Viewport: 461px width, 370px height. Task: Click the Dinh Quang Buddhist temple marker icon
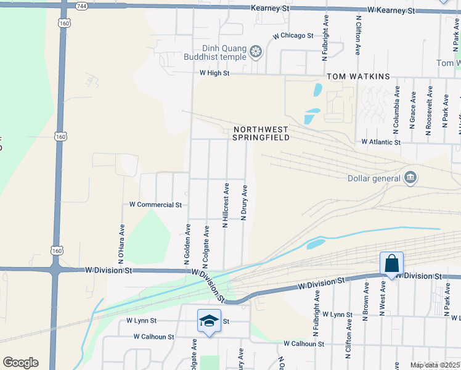coord(255,51)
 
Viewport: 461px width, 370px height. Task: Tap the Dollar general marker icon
coord(410,179)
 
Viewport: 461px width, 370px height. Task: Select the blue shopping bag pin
coord(391,264)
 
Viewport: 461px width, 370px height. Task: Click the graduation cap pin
coord(209,321)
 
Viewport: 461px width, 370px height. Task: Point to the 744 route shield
coord(81,6)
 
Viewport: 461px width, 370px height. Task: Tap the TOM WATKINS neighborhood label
coord(358,76)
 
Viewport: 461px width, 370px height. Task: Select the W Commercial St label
coord(155,204)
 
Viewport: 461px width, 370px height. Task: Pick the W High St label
coord(214,73)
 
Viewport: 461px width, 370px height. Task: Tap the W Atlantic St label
coord(381,142)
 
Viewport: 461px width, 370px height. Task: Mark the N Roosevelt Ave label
coord(429,110)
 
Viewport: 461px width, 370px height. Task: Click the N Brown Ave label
coord(366,303)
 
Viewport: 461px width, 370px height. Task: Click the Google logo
coord(20,363)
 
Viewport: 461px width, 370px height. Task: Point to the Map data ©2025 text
coord(434,365)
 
